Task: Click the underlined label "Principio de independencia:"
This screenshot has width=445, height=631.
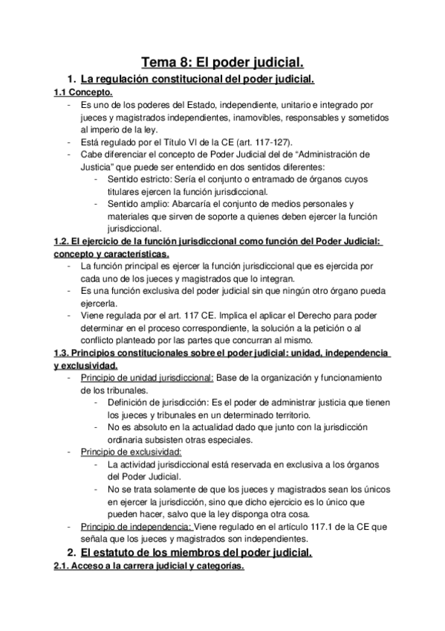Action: coord(135,525)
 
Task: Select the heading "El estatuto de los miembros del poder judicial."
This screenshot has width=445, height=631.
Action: coord(196,553)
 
